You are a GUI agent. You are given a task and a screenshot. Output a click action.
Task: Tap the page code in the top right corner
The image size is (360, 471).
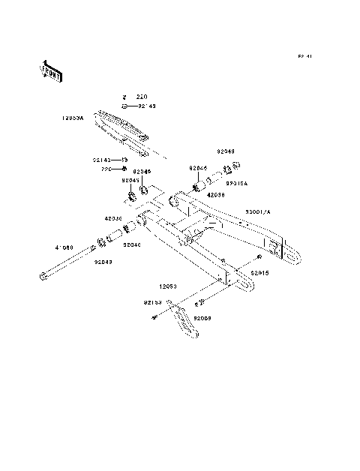(x=304, y=57)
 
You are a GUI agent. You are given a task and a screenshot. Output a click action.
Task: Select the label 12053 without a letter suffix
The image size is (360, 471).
(x=167, y=286)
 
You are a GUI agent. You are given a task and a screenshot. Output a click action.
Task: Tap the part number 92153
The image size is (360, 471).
(x=154, y=303)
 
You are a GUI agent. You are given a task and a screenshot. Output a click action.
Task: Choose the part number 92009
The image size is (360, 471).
(x=203, y=318)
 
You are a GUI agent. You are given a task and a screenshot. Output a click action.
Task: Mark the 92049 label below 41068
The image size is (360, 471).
(x=104, y=262)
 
